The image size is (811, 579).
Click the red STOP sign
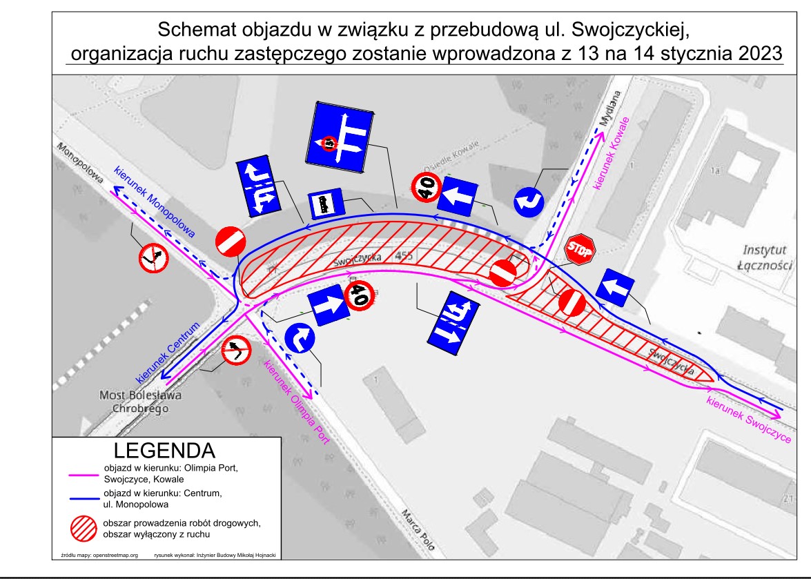pyautogui.click(x=579, y=251)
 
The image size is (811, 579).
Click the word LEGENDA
pyautogui.click(x=163, y=451)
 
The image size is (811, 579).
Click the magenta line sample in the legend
pyautogui.click(x=82, y=473)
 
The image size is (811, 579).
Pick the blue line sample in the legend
pyautogui.click(x=82, y=499)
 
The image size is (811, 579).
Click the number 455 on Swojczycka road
pyautogui.click(x=404, y=256)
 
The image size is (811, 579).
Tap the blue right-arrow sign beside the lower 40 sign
pyautogui.click(x=329, y=306)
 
